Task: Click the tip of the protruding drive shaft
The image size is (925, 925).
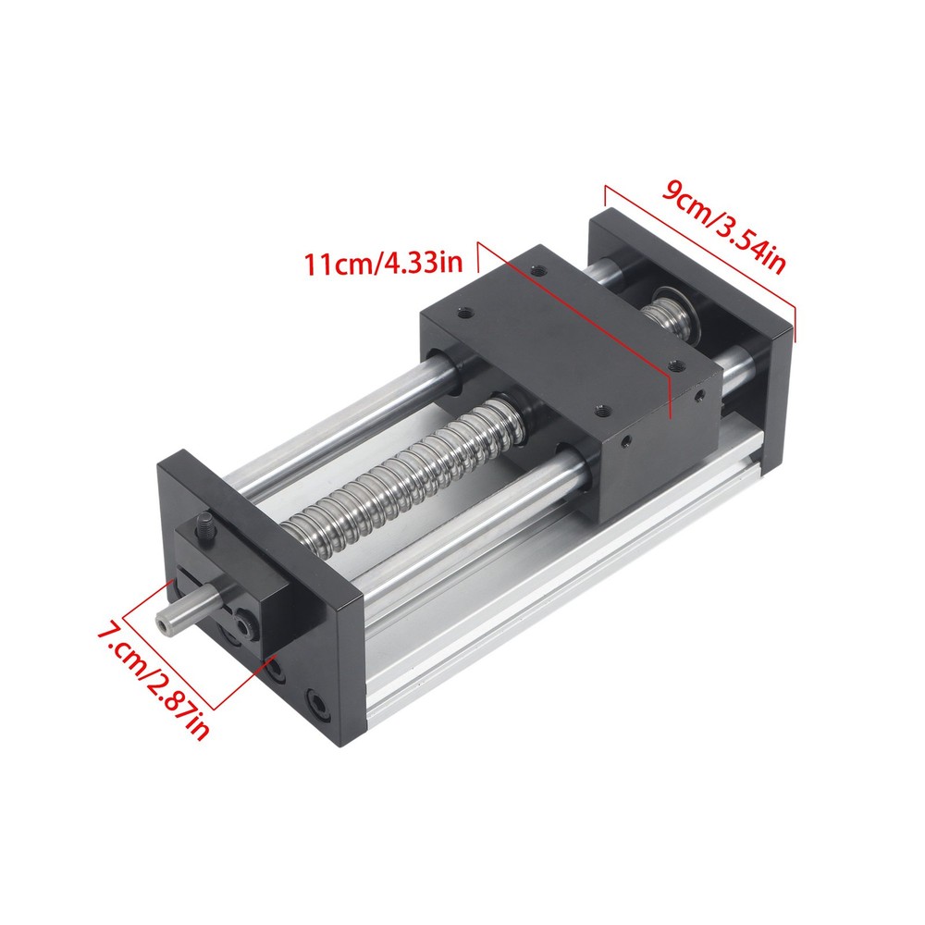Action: pos(164,625)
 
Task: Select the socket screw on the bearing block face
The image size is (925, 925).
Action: pos(242,626)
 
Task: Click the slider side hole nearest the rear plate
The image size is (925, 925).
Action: pos(702,398)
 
